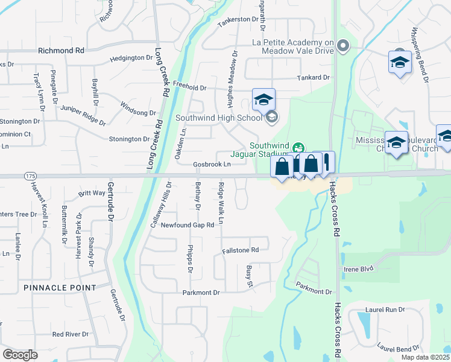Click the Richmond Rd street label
point(60,51)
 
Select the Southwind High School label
point(219,118)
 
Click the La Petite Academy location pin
point(344,46)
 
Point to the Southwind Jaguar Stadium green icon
point(297,148)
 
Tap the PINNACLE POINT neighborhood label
point(60,288)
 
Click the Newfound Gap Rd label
point(187,225)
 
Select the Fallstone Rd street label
point(240,249)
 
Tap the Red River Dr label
point(71,334)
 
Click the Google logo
point(20,355)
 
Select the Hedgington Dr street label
point(132,58)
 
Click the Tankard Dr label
point(314,78)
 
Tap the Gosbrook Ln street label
point(212,164)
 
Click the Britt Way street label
point(92,194)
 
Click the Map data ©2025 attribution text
point(426,357)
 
